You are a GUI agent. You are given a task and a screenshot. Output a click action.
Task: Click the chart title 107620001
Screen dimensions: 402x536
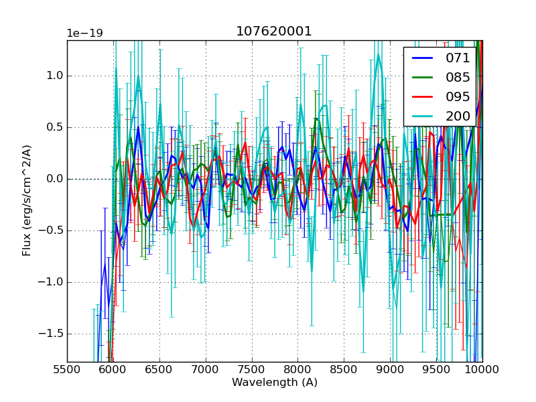tap(274, 31)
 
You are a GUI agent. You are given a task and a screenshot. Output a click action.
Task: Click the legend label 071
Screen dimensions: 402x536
tap(458, 58)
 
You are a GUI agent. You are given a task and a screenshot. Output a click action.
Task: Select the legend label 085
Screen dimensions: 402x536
tap(458, 77)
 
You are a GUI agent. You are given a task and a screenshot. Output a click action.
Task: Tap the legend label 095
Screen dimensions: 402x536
tap(458, 96)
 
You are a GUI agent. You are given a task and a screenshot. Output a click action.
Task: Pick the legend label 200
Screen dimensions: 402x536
tap(458, 116)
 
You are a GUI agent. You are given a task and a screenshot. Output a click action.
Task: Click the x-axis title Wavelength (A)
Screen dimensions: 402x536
tap(275, 383)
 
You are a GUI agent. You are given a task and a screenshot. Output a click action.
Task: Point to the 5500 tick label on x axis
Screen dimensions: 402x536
tap(67, 369)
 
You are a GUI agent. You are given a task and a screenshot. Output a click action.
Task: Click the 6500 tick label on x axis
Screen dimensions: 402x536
tap(159, 369)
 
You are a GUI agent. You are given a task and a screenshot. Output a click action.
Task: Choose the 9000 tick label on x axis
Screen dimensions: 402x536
tap(390, 369)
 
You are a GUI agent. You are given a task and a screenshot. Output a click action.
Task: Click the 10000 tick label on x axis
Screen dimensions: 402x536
tap(482, 369)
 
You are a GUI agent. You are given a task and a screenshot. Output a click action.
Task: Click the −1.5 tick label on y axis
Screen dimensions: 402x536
tap(51, 334)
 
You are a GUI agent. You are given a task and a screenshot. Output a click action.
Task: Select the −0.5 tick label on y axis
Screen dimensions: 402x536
tap(51, 230)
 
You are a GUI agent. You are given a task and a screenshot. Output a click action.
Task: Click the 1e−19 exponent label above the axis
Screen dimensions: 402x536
tap(85, 33)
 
